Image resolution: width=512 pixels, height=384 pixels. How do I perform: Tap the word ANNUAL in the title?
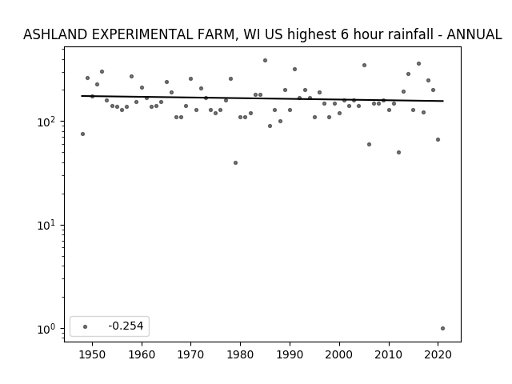coord(474,34)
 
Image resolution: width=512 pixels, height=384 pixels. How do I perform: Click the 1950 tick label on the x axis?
coord(93,354)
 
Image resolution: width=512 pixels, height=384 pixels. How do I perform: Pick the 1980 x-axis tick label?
coord(240,354)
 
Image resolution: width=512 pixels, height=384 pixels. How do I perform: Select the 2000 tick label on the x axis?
coord(339,354)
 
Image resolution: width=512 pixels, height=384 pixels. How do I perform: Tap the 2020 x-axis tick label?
coord(438,354)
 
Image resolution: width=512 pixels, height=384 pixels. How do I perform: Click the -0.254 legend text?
coord(126,326)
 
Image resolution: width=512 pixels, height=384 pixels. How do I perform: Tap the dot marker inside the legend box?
coord(86,326)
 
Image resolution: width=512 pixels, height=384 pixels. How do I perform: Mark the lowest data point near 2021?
coord(442,329)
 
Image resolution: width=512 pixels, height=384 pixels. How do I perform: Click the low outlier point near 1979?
coord(235,162)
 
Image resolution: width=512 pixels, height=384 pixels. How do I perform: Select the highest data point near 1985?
coord(265,61)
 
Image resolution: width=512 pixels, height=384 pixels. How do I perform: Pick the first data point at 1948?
coord(82,134)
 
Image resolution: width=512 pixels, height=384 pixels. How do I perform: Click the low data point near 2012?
coord(398,153)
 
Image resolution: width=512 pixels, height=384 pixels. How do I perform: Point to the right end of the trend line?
coord(443,101)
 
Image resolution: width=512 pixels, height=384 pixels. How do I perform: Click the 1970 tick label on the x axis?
coord(191,354)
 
